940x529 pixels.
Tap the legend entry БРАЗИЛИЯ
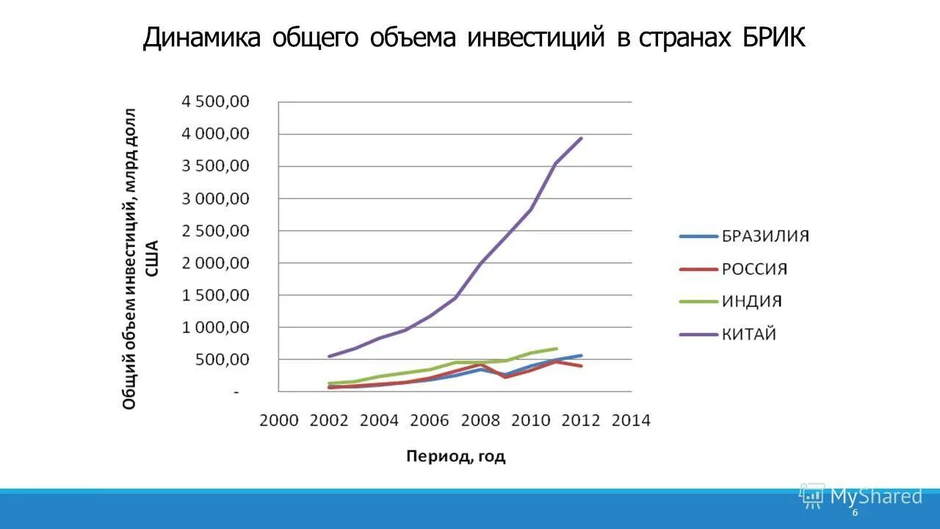[765, 236]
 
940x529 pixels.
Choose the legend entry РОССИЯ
[754, 269]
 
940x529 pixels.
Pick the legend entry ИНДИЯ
[751, 301]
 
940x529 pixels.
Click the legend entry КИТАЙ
[749, 334]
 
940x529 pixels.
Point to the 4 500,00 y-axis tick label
[216, 101]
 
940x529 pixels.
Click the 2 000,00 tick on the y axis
[216, 263]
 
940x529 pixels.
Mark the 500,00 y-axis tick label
[225, 360]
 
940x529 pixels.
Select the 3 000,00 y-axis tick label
[216, 198]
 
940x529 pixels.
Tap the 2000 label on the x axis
[279, 420]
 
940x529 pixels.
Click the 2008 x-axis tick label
[480, 420]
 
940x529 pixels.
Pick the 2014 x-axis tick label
[631, 420]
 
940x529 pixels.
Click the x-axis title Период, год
[456, 456]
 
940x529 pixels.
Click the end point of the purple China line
[582, 138]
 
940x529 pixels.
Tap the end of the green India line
[557, 348]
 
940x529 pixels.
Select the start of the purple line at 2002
[329, 356]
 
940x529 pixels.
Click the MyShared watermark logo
[861, 497]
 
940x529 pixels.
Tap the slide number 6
[855, 513]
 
